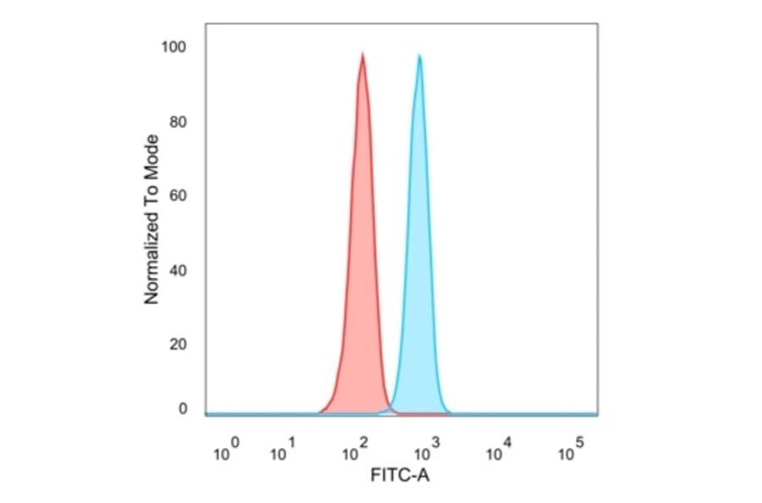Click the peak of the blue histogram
tap(419, 56)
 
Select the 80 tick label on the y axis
tap(178, 121)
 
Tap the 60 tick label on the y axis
tap(178, 196)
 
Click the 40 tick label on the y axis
tap(178, 270)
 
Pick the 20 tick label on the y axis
tap(178, 345)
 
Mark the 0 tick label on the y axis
tap(182, 409)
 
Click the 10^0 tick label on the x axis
tap(225, 450)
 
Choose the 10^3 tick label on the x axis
tap(428, 450)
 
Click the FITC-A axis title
tap(400, 476)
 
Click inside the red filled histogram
tap(362, 254)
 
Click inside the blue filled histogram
tap(419, 254)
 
